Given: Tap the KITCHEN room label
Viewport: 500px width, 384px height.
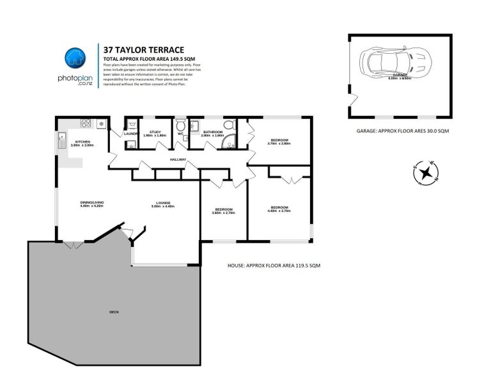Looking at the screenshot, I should [82, 141].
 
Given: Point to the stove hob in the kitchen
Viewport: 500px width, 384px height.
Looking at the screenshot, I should [101, 124].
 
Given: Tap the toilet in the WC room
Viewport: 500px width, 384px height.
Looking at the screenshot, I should [182, 126].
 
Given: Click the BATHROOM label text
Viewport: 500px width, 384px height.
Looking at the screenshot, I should [212, 132].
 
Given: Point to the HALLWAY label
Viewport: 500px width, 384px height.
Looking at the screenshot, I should [178, 159].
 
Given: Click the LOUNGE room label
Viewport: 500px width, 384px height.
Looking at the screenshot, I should [162, 203].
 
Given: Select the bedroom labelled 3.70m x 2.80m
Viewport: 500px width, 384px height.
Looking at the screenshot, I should [279, 141].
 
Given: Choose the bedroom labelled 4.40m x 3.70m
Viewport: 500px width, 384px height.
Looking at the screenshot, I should [280, 208].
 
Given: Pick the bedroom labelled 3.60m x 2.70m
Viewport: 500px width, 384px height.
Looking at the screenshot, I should [223, 210].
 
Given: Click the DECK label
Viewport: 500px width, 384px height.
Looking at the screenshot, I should [114, 312].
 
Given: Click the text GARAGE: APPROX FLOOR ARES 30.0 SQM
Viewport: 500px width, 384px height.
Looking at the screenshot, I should [403, 131].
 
